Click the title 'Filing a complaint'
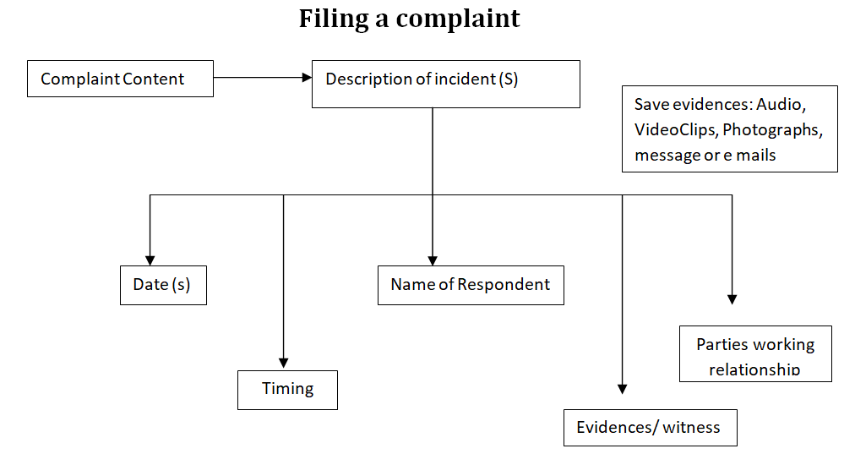409,19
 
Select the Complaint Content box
120,79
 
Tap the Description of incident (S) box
445,84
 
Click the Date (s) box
163,285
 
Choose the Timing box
287,390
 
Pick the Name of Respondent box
470,285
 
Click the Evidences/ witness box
649,428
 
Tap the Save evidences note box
729,129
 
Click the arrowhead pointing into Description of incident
307,78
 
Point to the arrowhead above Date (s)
150,260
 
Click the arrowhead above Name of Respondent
433,260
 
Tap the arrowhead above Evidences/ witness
623,389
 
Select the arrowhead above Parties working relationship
732,299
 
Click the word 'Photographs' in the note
771,130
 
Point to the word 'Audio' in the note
781,105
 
